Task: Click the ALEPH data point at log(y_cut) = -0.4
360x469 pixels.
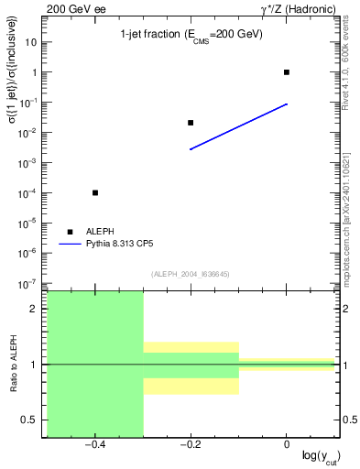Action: tap(95, 192)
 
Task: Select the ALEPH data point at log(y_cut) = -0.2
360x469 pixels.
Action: tap(191, 123)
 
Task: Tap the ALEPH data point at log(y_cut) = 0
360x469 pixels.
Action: tap(287, 72)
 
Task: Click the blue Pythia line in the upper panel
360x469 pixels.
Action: tap(238, 126)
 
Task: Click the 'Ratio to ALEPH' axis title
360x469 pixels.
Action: tap(13, 364)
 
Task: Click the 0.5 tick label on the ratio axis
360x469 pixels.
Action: tap(30, 420)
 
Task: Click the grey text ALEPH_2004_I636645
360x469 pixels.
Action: tap(191, 273)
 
